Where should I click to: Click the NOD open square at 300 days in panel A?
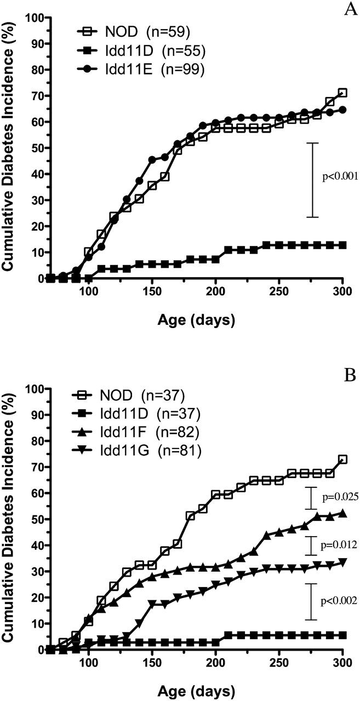click(342, 93)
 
